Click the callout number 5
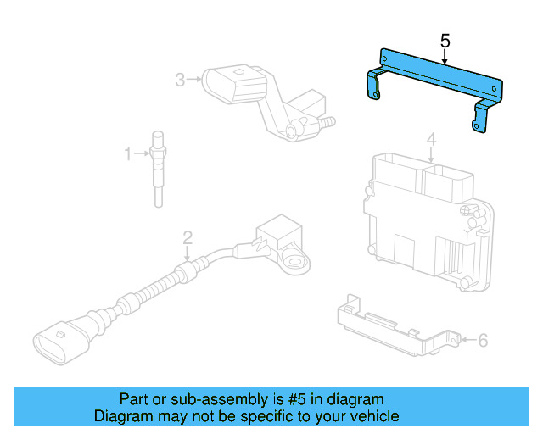point(445,40)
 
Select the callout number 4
point(431,138)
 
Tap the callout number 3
point(180,80)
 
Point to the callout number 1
point(129,153)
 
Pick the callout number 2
point(188,237)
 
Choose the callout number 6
point(483,341)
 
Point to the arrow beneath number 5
point(445,58)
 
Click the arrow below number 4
point(431,154)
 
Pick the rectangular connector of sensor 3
point(233,85)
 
